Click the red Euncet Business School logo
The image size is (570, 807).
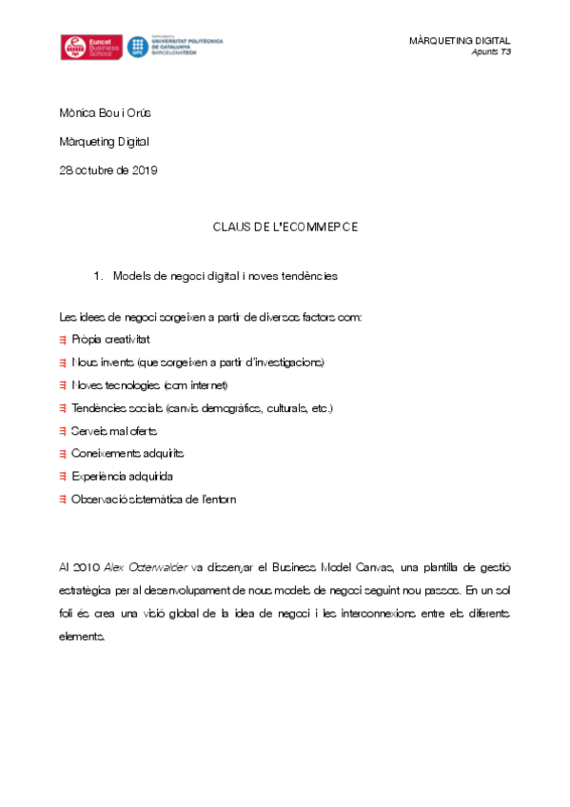point(90,48)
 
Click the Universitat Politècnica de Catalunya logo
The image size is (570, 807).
point(175,48)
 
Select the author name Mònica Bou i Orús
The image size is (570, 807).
point(105,113)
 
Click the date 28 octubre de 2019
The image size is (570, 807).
point(108,170)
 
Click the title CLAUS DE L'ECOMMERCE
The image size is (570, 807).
point(285,227)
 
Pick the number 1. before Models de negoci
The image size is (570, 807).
point(98,276)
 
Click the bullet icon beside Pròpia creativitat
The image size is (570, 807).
point(63,340)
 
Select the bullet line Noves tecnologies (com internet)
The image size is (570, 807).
point(150,385)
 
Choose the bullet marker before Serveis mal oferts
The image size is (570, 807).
point(63,431)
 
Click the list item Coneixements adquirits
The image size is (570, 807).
point(128,454)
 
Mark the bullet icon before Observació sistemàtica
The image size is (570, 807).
point(63,500)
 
